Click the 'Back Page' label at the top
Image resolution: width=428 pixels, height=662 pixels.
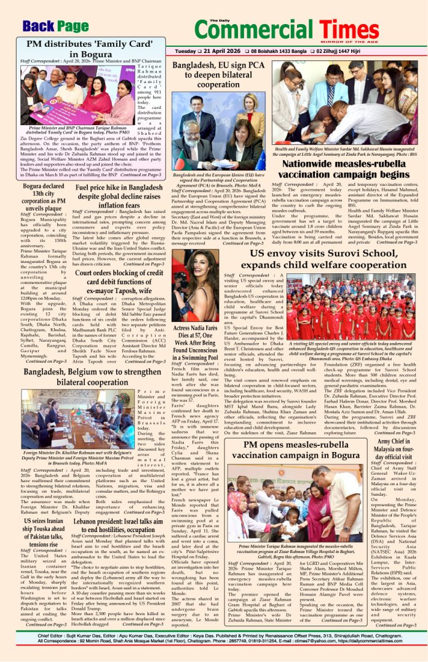pos(55,25)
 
